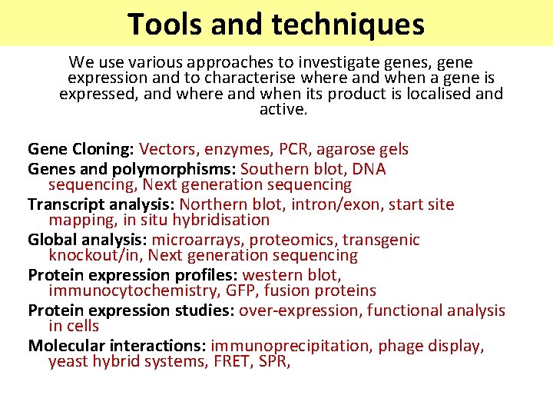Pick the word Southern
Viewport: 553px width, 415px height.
[273, 169]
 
